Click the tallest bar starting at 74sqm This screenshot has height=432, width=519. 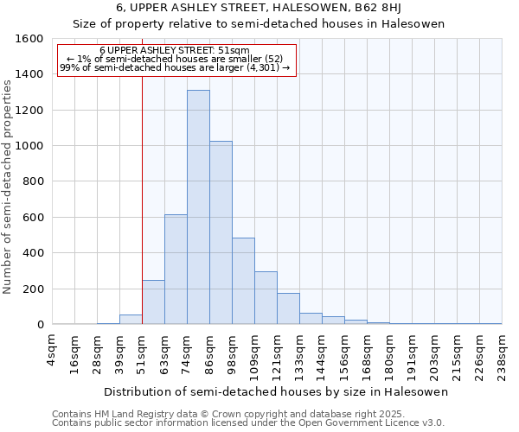coord(198,207)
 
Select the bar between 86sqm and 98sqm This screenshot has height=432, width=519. coord(221,232)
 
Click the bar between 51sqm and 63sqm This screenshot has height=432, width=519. coord(153,302)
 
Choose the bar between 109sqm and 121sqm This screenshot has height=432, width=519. coord(266,298)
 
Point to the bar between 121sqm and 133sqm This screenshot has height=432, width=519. coord(288,308)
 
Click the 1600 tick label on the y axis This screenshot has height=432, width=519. coord(29,39)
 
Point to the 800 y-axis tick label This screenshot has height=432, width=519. coord(33,181)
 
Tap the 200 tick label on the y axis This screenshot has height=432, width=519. coord(33,289)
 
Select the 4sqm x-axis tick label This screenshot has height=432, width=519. coord(53,351)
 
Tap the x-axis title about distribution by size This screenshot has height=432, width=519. coord(276,391)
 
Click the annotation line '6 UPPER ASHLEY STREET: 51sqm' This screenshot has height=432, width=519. coord(176,51)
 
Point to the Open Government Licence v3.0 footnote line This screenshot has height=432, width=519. coord(248,423)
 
